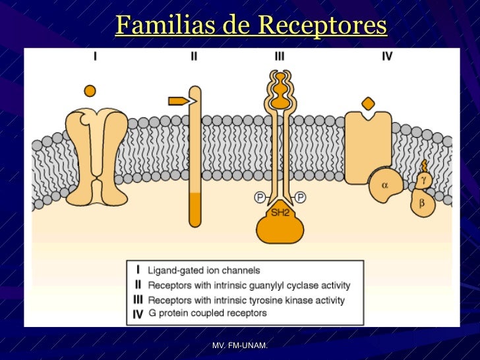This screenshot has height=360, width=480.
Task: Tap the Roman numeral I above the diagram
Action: pos(96,57)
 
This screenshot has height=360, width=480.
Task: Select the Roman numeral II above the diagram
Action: pos(193,57)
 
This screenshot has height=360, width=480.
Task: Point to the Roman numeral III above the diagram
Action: pos(280,57)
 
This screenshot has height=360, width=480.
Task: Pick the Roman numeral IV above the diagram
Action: pos(387,57)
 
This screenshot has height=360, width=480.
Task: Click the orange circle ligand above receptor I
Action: pos(91,90)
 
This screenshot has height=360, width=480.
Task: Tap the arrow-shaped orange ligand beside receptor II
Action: pos(178,101)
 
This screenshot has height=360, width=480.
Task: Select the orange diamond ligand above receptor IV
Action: pos(369,104)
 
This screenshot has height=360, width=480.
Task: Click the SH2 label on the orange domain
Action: pos(280,212)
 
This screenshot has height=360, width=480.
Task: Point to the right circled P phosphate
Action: pos(301,196)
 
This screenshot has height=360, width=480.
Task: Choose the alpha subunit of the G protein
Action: pos(384,186)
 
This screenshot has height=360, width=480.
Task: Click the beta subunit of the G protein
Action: pos(422,203)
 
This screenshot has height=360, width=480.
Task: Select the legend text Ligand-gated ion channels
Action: pos(204,270)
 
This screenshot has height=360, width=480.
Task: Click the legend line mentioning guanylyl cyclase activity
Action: pos(249,285)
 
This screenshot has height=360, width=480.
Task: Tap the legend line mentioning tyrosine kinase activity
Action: pos(246,300)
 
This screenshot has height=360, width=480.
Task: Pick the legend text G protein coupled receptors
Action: pos(207,313)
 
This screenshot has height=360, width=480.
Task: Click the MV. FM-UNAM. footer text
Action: pos(240,346)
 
